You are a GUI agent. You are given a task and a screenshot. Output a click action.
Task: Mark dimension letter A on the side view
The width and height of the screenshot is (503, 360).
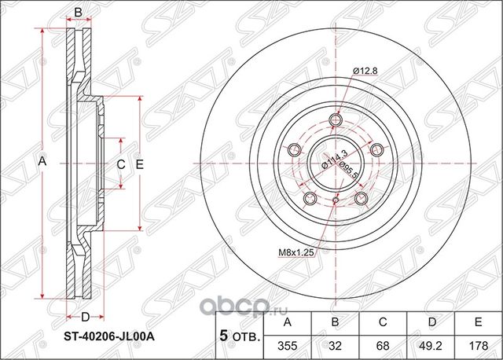click(43, 161)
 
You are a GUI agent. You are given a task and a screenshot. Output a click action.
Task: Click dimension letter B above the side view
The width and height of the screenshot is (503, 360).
click(78, 11)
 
